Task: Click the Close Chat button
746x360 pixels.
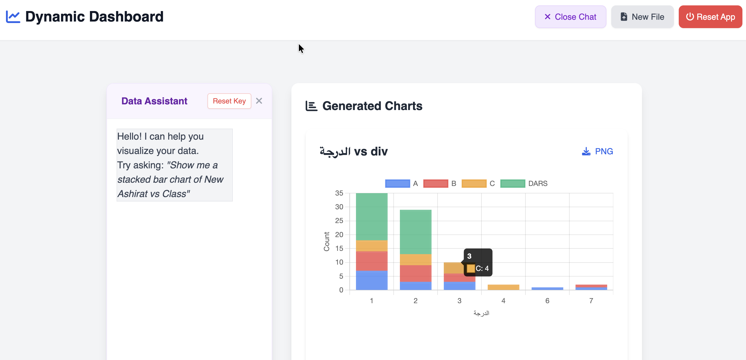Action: point(570,17)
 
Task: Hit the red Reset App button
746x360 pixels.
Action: point(710,17)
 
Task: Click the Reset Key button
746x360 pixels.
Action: point(229,101)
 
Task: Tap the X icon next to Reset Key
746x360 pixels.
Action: point(259,101)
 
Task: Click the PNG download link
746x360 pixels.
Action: point(597,151)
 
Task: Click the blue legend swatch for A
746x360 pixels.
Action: point(398,183)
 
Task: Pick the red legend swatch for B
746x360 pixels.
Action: point(436,183)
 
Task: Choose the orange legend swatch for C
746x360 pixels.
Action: point(474,183)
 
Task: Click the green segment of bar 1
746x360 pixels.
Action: point(372,216)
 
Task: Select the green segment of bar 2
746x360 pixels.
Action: point(415,232)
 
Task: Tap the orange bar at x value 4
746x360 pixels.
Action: point(503,287)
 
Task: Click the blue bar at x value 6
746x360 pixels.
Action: point(547,289)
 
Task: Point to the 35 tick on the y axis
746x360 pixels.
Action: point(339,193)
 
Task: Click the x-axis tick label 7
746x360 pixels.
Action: point(591,301)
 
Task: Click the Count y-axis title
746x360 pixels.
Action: point(326,242)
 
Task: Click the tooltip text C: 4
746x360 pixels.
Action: point(482,269)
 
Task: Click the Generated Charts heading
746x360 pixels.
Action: point(372,106)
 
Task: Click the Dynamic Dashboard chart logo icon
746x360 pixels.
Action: point(13,17)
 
